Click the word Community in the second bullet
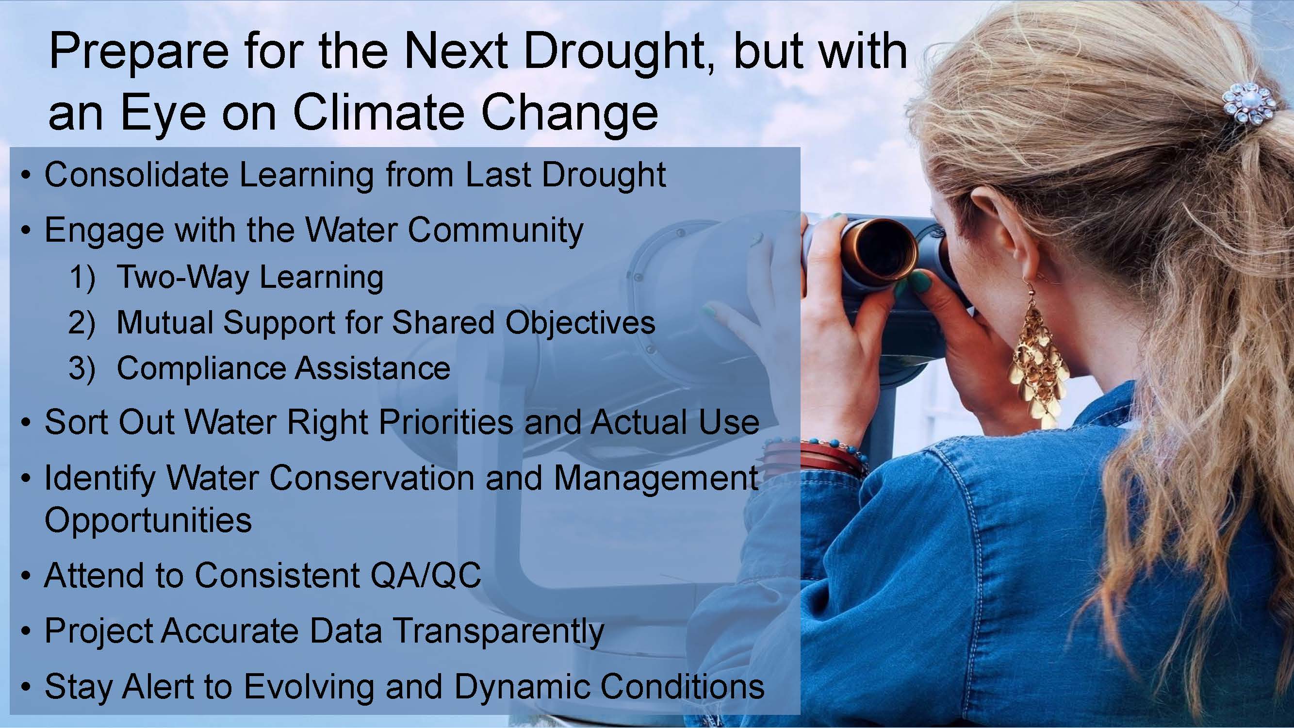click(495, 231)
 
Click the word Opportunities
click(148, 520)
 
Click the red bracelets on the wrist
click(821, 455)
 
